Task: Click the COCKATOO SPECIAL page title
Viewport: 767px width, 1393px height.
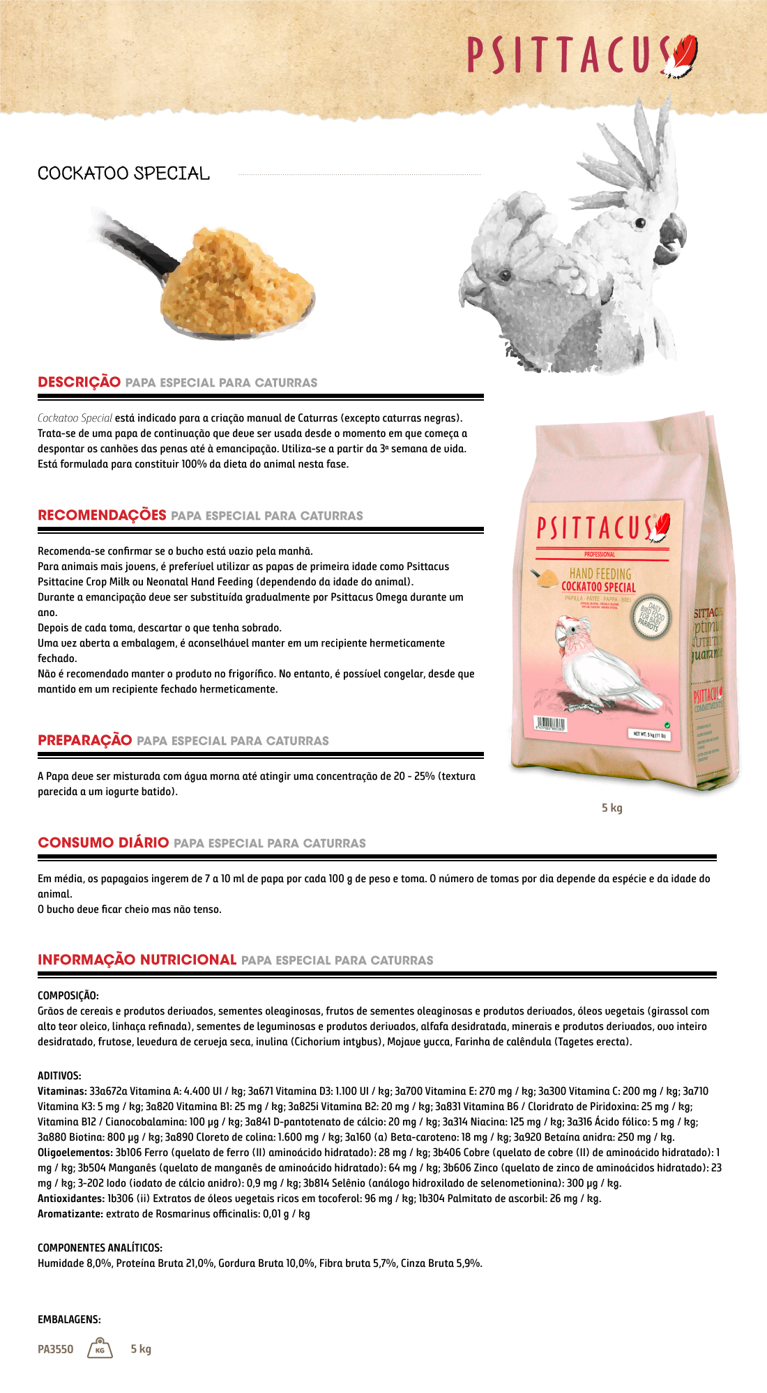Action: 123,174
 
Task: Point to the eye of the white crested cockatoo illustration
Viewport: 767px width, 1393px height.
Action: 639,223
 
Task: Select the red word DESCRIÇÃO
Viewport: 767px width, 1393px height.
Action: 79,382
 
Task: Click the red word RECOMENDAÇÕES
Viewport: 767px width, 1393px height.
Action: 102,515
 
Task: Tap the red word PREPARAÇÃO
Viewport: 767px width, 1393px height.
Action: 85,740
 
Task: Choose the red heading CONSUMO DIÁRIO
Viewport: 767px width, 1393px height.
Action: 103,842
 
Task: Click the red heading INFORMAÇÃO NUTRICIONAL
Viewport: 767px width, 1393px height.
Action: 137,960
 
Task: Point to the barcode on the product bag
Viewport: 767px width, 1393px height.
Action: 550,723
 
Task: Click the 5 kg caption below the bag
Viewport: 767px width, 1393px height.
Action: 612,808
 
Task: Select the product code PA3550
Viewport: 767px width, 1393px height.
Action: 56,1349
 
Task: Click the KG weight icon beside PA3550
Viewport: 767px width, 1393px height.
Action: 100,1348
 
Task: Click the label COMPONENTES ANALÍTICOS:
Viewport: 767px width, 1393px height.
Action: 100,1247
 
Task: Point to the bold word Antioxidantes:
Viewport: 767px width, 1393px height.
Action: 70,1199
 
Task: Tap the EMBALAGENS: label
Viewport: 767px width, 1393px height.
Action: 69,1319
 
